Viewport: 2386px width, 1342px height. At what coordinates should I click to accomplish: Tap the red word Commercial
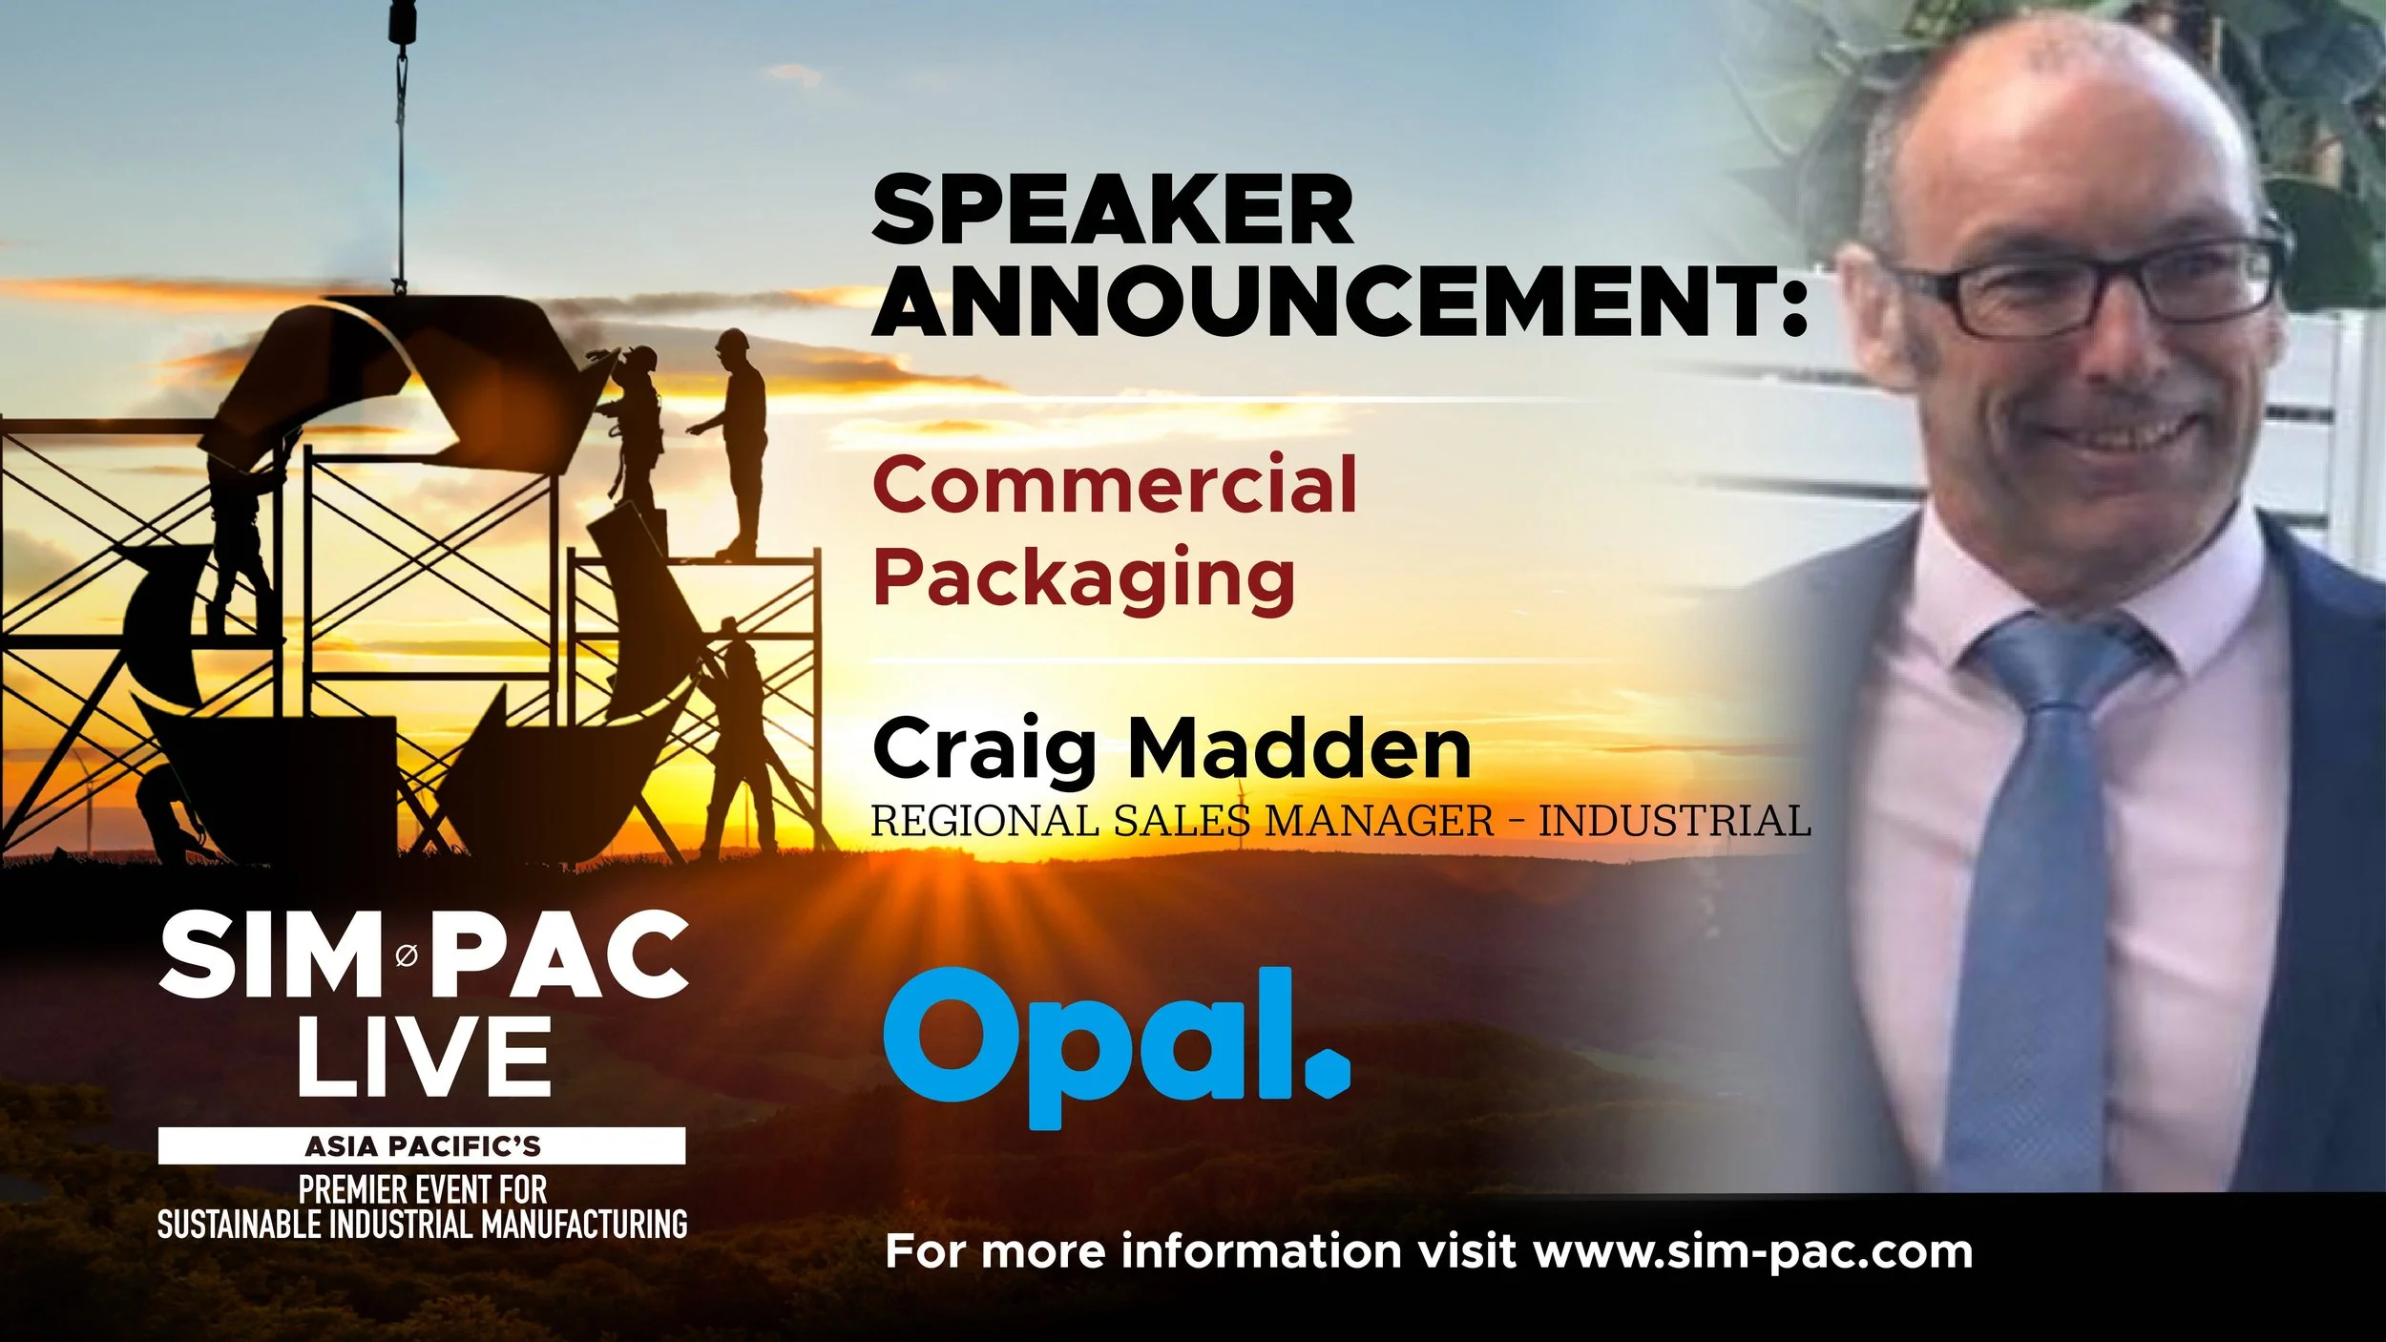coord(1114,485)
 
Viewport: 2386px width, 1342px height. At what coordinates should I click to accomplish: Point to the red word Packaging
coord(1083,577)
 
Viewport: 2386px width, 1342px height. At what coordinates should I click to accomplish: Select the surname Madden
coord(1300,749)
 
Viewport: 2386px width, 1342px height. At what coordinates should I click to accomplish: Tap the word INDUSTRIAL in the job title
coord(1674,821)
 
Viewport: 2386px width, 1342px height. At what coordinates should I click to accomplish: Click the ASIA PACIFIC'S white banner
coord(422,1145)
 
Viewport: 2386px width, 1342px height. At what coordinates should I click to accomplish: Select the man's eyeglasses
coord(2090,286)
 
